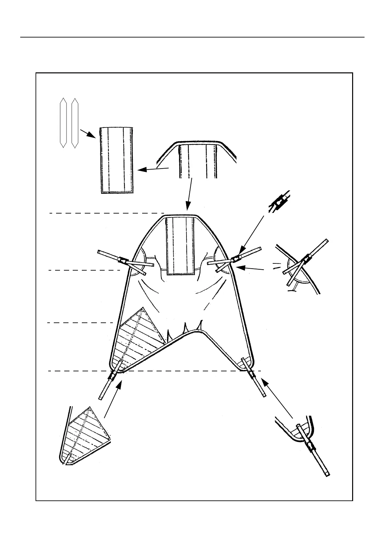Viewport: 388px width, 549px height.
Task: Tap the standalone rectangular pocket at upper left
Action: pyautogui.click(x=116, y=160)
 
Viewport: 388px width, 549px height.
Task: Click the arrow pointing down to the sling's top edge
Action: pyautogui.click(x=189, y=194)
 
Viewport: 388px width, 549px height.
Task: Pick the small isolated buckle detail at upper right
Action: pyautogui.click(x=279, y=202)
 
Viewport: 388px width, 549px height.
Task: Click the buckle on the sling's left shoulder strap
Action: pyautogui.click(x=123, y=260)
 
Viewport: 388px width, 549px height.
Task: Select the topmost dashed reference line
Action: pyautogui.click(x=106, y=213)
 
